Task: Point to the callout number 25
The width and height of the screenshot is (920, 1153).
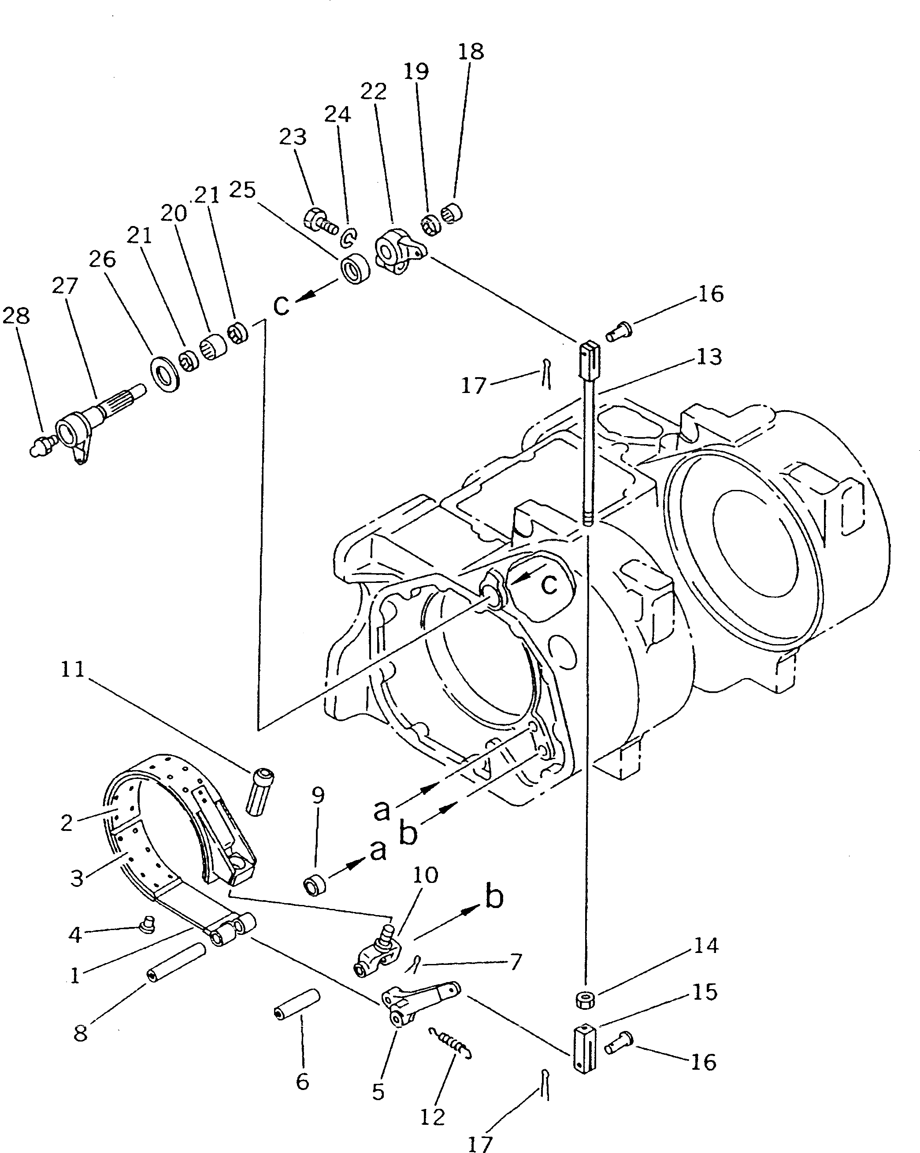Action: [243, 189]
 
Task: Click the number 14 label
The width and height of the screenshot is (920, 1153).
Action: [706, 945]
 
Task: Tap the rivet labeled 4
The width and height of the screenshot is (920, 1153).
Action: [146, 923]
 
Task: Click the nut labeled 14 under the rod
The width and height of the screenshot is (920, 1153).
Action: [586, 998]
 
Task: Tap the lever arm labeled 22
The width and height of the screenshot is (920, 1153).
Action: [400, 250]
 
